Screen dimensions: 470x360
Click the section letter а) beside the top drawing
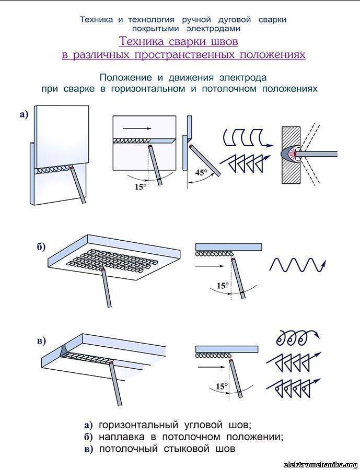[24, 115]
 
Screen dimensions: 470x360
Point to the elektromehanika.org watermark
[320, 464]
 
